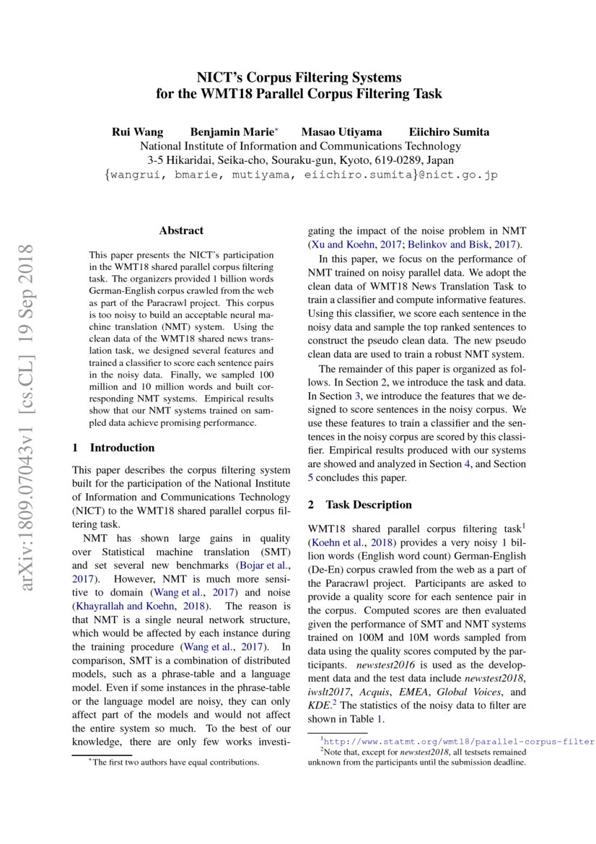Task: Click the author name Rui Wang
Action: pyautogui.click(x=137, y=131)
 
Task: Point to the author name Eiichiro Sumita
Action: pyautogui.click(x=449, y=131)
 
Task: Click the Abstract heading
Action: pyautogui.click(x=181, y=231)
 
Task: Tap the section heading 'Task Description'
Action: pyautogui.click(x=369, y=505)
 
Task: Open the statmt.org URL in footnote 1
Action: pyautogui.click(x=458, y=741)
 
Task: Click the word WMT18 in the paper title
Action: pyautogui.click(x=216, y=94)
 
